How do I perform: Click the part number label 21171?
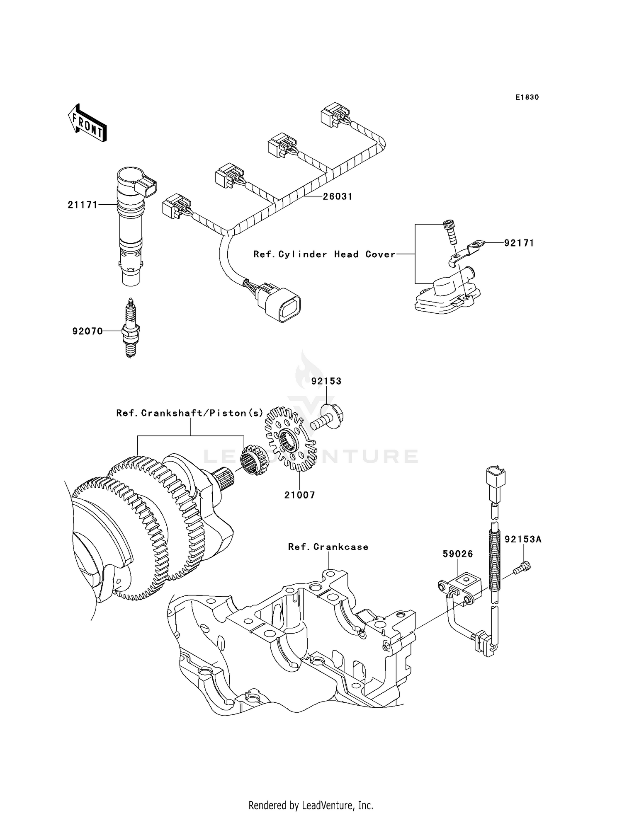pyautogui.click(x=83, y=205)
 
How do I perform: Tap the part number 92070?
pyautogui.click(x=87, y=331)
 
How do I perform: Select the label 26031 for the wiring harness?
pyautogui.click(x=338, y=196)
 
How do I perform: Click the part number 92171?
pyautogui.click(x=519, y=243)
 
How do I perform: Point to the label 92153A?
pyautogui.click(x=523, y=540)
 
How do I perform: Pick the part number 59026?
pyautogui.click(x=458, y=554)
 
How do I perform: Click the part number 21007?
pyautogui.click(x=299, y=495)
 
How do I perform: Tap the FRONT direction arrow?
pyautogui.click(x=87, y=124)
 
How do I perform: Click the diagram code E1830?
pyautogui.click(x=527, y=97)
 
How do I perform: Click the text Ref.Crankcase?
pyautogui.click(x=328, y=547)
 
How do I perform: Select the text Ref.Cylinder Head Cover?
pyautogui.click(x=324, y=254)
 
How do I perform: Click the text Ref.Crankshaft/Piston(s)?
pyautogui.click(x=190, y=413)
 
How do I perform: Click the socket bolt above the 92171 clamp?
pyautogui.click(x=450, y=232)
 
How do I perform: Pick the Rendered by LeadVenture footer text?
pyautogui.click(x=311, y=805)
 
